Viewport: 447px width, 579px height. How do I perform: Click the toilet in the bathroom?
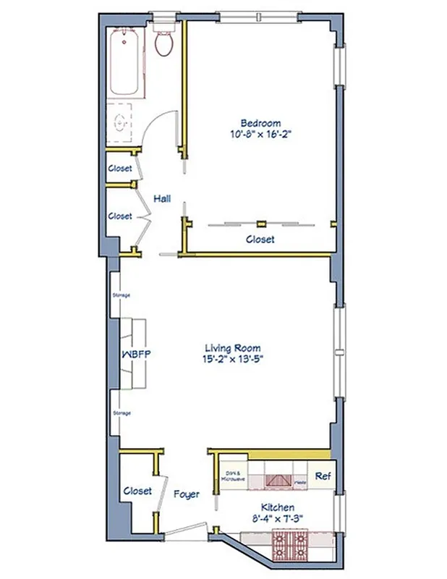click(164, 43)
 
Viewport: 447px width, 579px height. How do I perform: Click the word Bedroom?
click(260, 123)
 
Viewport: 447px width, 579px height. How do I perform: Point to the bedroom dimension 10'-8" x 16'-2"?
click(260, 134)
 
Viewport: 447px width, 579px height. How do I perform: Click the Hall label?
click(162, 198)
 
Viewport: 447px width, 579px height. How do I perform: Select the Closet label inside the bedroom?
click(260, 240)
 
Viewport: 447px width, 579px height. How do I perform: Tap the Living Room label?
click(232, 347)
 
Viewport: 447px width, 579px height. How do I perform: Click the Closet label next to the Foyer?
click(137, 491)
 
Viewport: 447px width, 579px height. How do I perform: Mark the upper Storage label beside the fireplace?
click(121, 296)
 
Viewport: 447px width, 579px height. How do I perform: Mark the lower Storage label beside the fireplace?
click(121, 413)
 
